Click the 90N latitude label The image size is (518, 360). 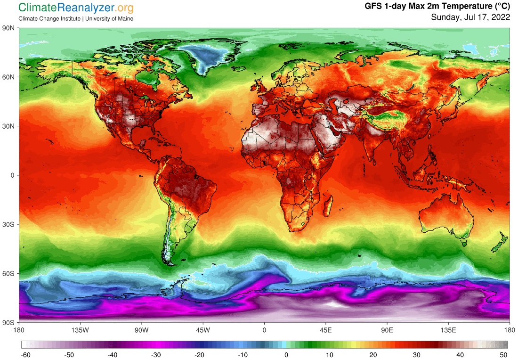tap(9, 28)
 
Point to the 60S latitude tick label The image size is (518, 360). tap(9, 273)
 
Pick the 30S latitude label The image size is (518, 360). tap(9, 224)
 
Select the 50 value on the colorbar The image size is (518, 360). tap(503, 354)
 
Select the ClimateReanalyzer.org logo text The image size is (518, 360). tap(75, 8)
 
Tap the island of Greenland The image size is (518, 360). tap(202, 57)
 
